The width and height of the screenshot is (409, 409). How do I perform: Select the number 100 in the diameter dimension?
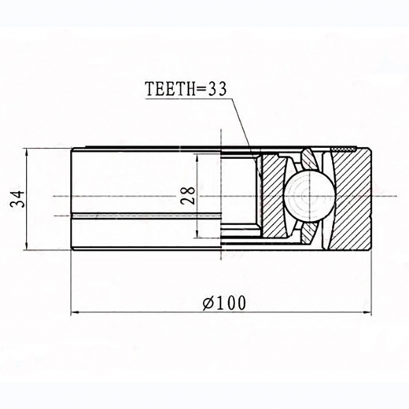click(228, 301)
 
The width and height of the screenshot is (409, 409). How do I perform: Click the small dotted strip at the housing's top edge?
click(345, 148)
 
